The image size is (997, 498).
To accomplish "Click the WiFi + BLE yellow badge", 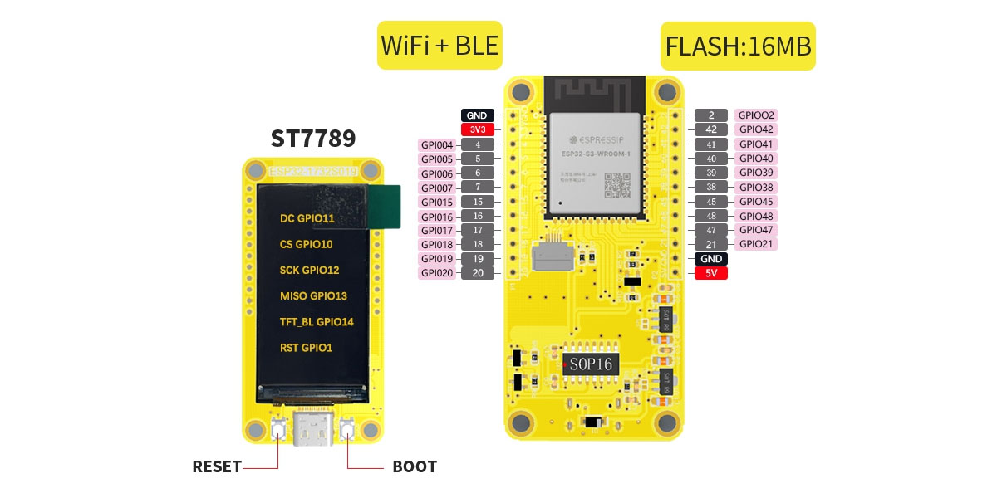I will click(x=440, y=45).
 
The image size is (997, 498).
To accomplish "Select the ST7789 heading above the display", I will click(x=313, y=138).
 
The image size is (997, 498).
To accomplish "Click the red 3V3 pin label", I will click(x=478, y=129).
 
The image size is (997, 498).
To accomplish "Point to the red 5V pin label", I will click(x=710, y=273).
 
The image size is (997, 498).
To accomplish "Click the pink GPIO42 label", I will click(x=756, y=129).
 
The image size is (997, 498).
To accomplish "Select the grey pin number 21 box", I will click(x=710, y=244).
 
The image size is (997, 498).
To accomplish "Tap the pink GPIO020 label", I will click(x=437, y=273).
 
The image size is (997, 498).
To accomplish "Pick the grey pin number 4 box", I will click(x=478, y=144).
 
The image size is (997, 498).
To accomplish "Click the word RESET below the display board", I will click(x=216, y=466).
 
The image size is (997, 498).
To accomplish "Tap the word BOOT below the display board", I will click(x=414, y=466).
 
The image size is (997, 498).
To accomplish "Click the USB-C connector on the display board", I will click(x=313, y=429).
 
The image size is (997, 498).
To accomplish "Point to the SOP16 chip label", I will click(x=591, y=364).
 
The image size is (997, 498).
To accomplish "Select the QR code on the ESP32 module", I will click(x=616, y=185).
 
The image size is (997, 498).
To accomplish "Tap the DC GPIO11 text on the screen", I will click(x=307, y=219).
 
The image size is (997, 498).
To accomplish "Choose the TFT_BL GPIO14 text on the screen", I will click(x=317, y=322).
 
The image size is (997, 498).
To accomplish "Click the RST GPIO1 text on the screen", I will click(x=306, y=348).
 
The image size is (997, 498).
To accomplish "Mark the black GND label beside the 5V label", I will click(x=710, y=259).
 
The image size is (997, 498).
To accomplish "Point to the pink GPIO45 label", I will click(x=756, y=201).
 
